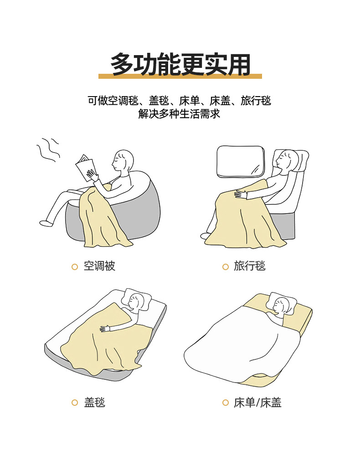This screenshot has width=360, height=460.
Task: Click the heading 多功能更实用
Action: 180,64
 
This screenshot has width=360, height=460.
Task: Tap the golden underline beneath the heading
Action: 180,76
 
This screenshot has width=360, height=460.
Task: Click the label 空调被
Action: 99,266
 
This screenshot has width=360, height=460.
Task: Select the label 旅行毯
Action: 250,266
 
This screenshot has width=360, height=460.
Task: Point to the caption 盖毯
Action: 94,402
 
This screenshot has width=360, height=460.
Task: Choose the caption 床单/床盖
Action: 257,402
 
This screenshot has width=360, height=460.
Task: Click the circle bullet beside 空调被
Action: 75,267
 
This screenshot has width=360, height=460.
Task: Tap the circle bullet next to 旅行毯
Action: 225,267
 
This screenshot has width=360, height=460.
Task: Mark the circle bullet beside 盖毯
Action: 75,403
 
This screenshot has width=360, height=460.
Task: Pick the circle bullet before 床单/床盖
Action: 225,403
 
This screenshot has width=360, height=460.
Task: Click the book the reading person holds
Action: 85,167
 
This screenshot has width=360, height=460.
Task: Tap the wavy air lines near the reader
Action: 48,150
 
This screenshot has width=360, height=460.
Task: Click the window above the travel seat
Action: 241,162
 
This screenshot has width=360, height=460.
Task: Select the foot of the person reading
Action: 46,223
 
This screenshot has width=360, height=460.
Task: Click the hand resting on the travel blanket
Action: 241,194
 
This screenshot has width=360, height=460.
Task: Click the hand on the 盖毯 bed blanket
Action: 104,328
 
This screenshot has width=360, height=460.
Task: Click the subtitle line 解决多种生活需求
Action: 180,114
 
